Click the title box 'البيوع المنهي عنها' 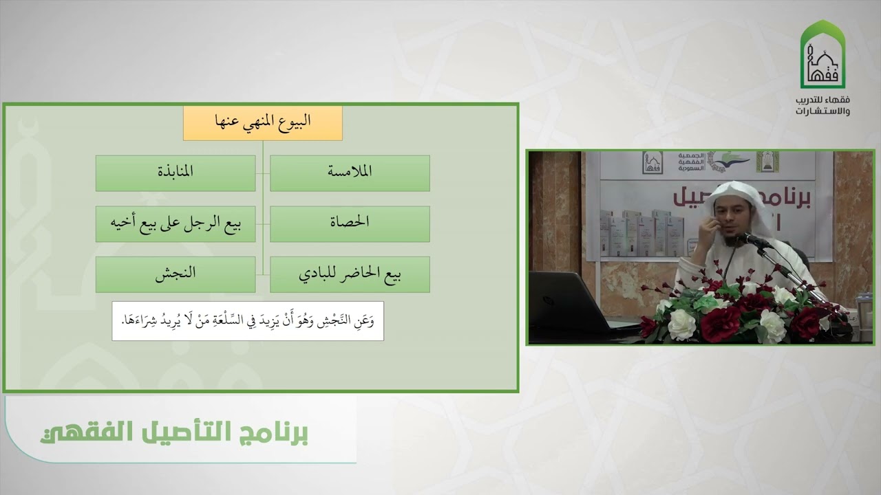click(x=262, y=122)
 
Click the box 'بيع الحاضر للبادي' click(x=350, y=274)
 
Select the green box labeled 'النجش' click(x=175, y=274)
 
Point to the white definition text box click(x=248, y=320)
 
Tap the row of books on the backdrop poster click(x=637, y=230)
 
